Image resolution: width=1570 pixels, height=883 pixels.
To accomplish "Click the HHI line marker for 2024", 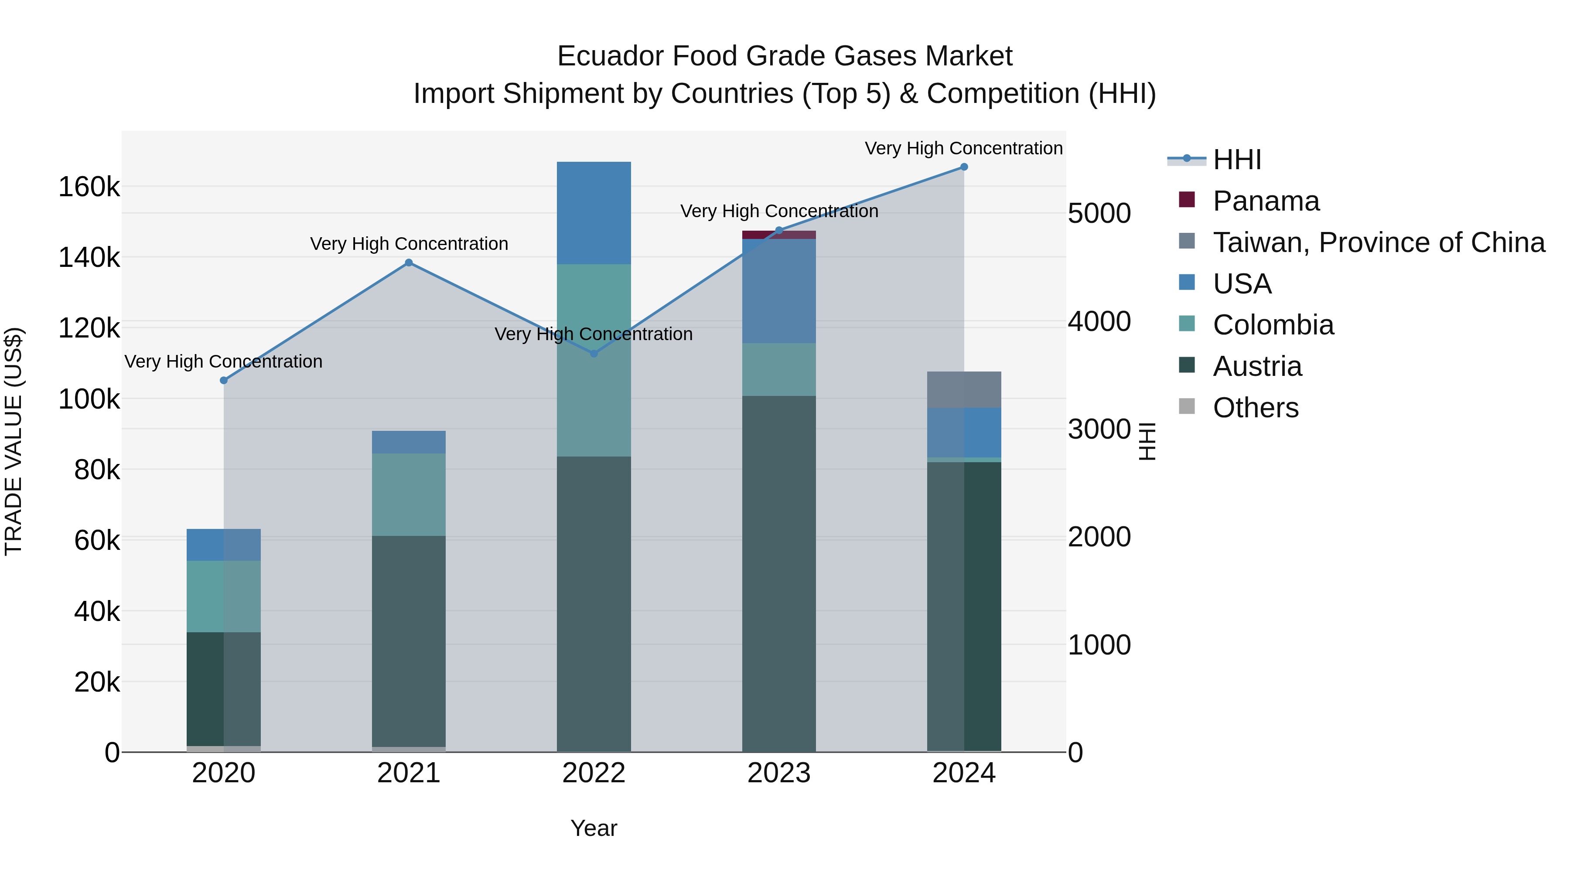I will point(963,167).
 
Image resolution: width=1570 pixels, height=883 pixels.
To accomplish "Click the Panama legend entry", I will point(1266,201).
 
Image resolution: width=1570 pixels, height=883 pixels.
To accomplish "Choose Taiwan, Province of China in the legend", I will point(1379,242).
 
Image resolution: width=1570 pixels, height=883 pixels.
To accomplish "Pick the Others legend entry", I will point(1256,408).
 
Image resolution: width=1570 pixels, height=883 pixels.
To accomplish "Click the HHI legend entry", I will point(1237,160).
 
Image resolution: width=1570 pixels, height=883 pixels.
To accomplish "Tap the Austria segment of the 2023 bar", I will point(779,573).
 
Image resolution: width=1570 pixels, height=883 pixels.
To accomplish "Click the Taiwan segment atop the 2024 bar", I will point(963,389).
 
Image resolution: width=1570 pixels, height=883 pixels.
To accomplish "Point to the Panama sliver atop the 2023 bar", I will point(779,235).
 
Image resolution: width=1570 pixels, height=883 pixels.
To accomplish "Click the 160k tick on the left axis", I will point(89,187).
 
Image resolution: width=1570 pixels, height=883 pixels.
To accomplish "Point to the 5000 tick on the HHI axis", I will point(1099,214).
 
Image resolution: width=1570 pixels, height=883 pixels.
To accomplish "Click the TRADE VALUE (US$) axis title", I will point(14,441).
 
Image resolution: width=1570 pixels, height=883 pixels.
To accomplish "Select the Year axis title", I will point(594,828).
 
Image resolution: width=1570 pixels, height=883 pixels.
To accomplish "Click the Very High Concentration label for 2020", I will point(223,361).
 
